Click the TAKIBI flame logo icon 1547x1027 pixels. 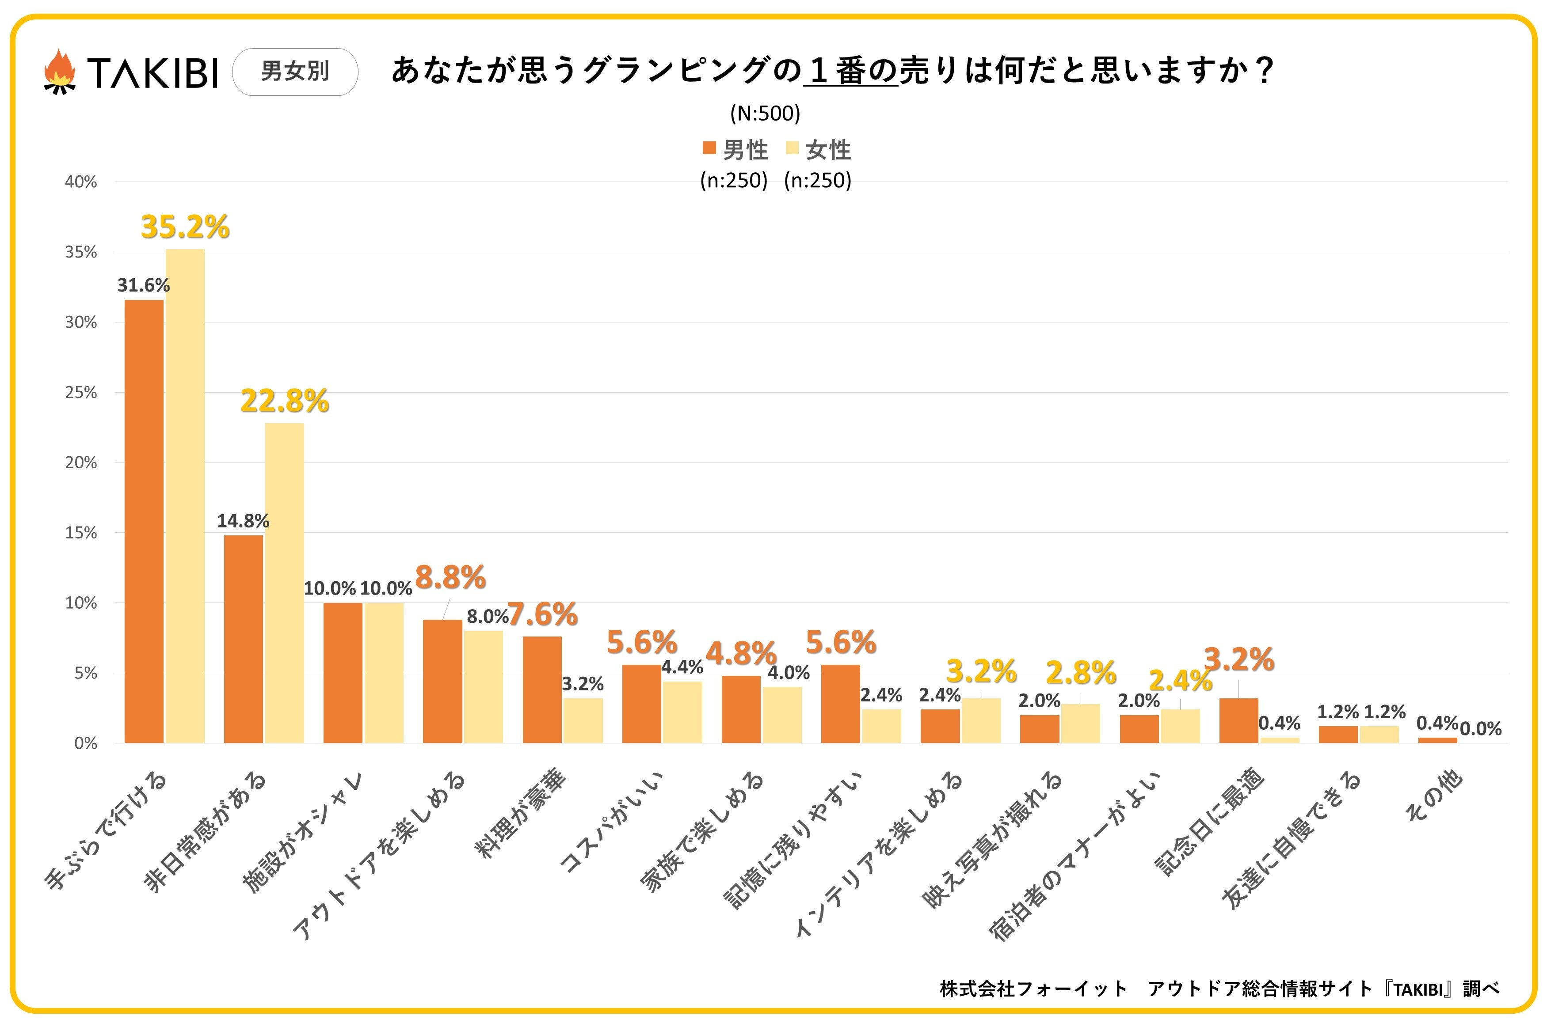pos(59,72)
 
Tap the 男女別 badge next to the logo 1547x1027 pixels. pos(295,72)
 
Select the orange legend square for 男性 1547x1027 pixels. pos(709,148)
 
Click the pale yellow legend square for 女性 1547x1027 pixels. pos(792,148)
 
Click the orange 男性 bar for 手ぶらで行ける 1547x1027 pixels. pos(144,521)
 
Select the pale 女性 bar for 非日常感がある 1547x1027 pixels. pos(284,583)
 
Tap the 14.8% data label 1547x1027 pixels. pos(243,521)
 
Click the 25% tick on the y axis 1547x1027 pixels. pos(80,392)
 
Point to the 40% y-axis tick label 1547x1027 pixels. pos(80,182)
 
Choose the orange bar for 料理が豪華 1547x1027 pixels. pos(542,690)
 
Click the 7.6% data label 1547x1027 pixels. pos(542,614)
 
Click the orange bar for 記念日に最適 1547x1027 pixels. pos(1238,720)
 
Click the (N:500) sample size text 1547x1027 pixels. pos(765,114)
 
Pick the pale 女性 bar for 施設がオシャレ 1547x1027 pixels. pos(384,673)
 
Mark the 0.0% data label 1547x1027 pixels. pos(1481,729)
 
